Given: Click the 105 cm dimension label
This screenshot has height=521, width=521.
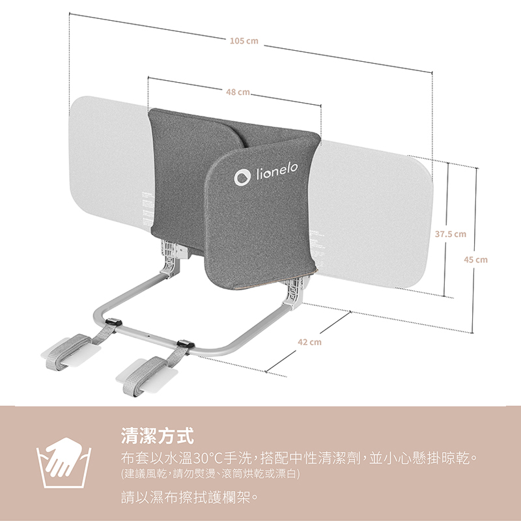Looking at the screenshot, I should pos(244,41).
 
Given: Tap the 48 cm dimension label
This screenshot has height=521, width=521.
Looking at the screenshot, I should pos(238,92).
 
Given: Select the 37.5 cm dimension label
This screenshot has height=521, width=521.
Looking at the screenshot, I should pos(451,234).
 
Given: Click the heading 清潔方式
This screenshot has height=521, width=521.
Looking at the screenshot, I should pos(158,434).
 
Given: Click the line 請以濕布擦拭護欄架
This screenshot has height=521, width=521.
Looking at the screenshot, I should pos(190,499).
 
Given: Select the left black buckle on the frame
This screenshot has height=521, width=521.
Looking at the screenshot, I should pos(115,322).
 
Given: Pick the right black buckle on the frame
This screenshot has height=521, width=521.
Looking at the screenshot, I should pos(184,343).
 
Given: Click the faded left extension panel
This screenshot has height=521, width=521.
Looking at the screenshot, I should pos(107,163).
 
